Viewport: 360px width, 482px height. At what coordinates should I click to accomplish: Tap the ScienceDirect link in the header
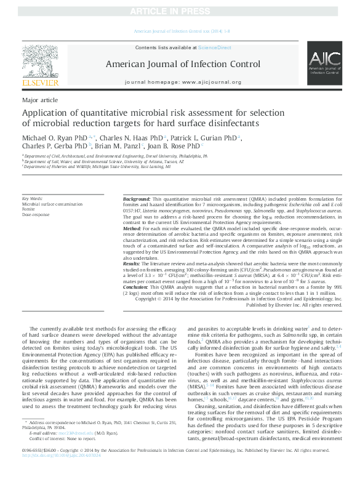(214, 47)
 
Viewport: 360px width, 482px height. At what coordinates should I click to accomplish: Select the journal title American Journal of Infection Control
(183, 63)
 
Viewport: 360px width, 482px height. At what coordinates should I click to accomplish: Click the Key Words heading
(33, 198)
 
